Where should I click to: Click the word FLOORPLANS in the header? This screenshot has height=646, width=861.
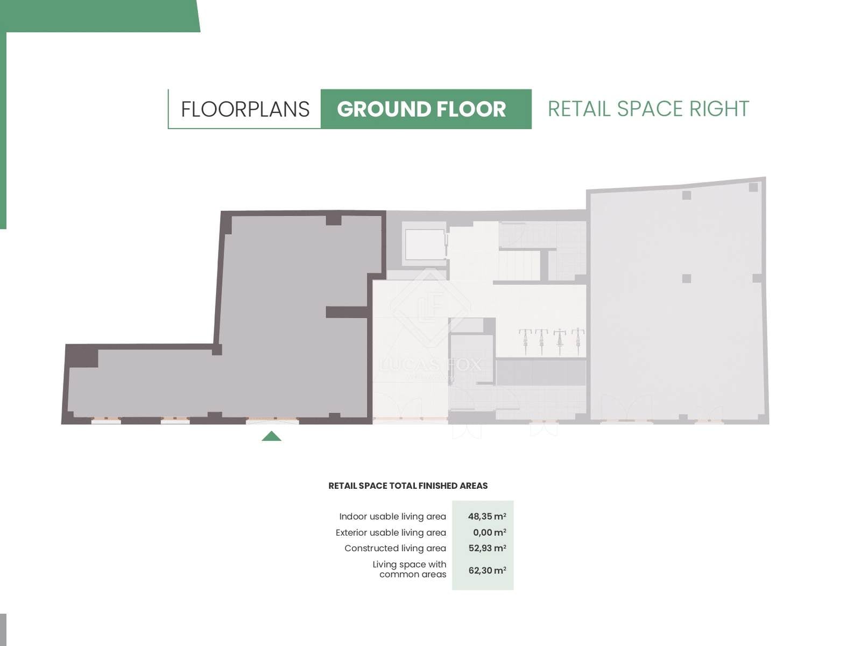tap(245, 109)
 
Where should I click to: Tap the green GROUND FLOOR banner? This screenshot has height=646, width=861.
tap(426, 109)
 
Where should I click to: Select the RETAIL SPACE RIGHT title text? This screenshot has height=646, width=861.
tap(648, 109)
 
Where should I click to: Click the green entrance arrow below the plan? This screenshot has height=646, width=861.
tap(271, 436)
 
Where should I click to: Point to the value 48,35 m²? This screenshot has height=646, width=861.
tap(487, 516)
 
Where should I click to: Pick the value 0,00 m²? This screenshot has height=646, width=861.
tap(490, 532)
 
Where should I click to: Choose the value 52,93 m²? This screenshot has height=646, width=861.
tap(487, 548)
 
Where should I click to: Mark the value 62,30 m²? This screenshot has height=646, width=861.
tap(487, 570)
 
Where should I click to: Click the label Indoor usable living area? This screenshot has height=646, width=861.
tap(393, 517)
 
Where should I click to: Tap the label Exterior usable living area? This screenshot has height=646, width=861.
tap(391, 532)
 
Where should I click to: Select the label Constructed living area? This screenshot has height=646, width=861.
tap(396, 549)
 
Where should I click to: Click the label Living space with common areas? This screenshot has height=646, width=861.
tap(410, 569)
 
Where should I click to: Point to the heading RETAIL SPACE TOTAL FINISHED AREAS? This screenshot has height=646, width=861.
tap(408, 486)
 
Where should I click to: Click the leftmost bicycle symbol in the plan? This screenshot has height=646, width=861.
tap(525, 342)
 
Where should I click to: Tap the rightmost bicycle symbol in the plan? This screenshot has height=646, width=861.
tap(578, 342)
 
